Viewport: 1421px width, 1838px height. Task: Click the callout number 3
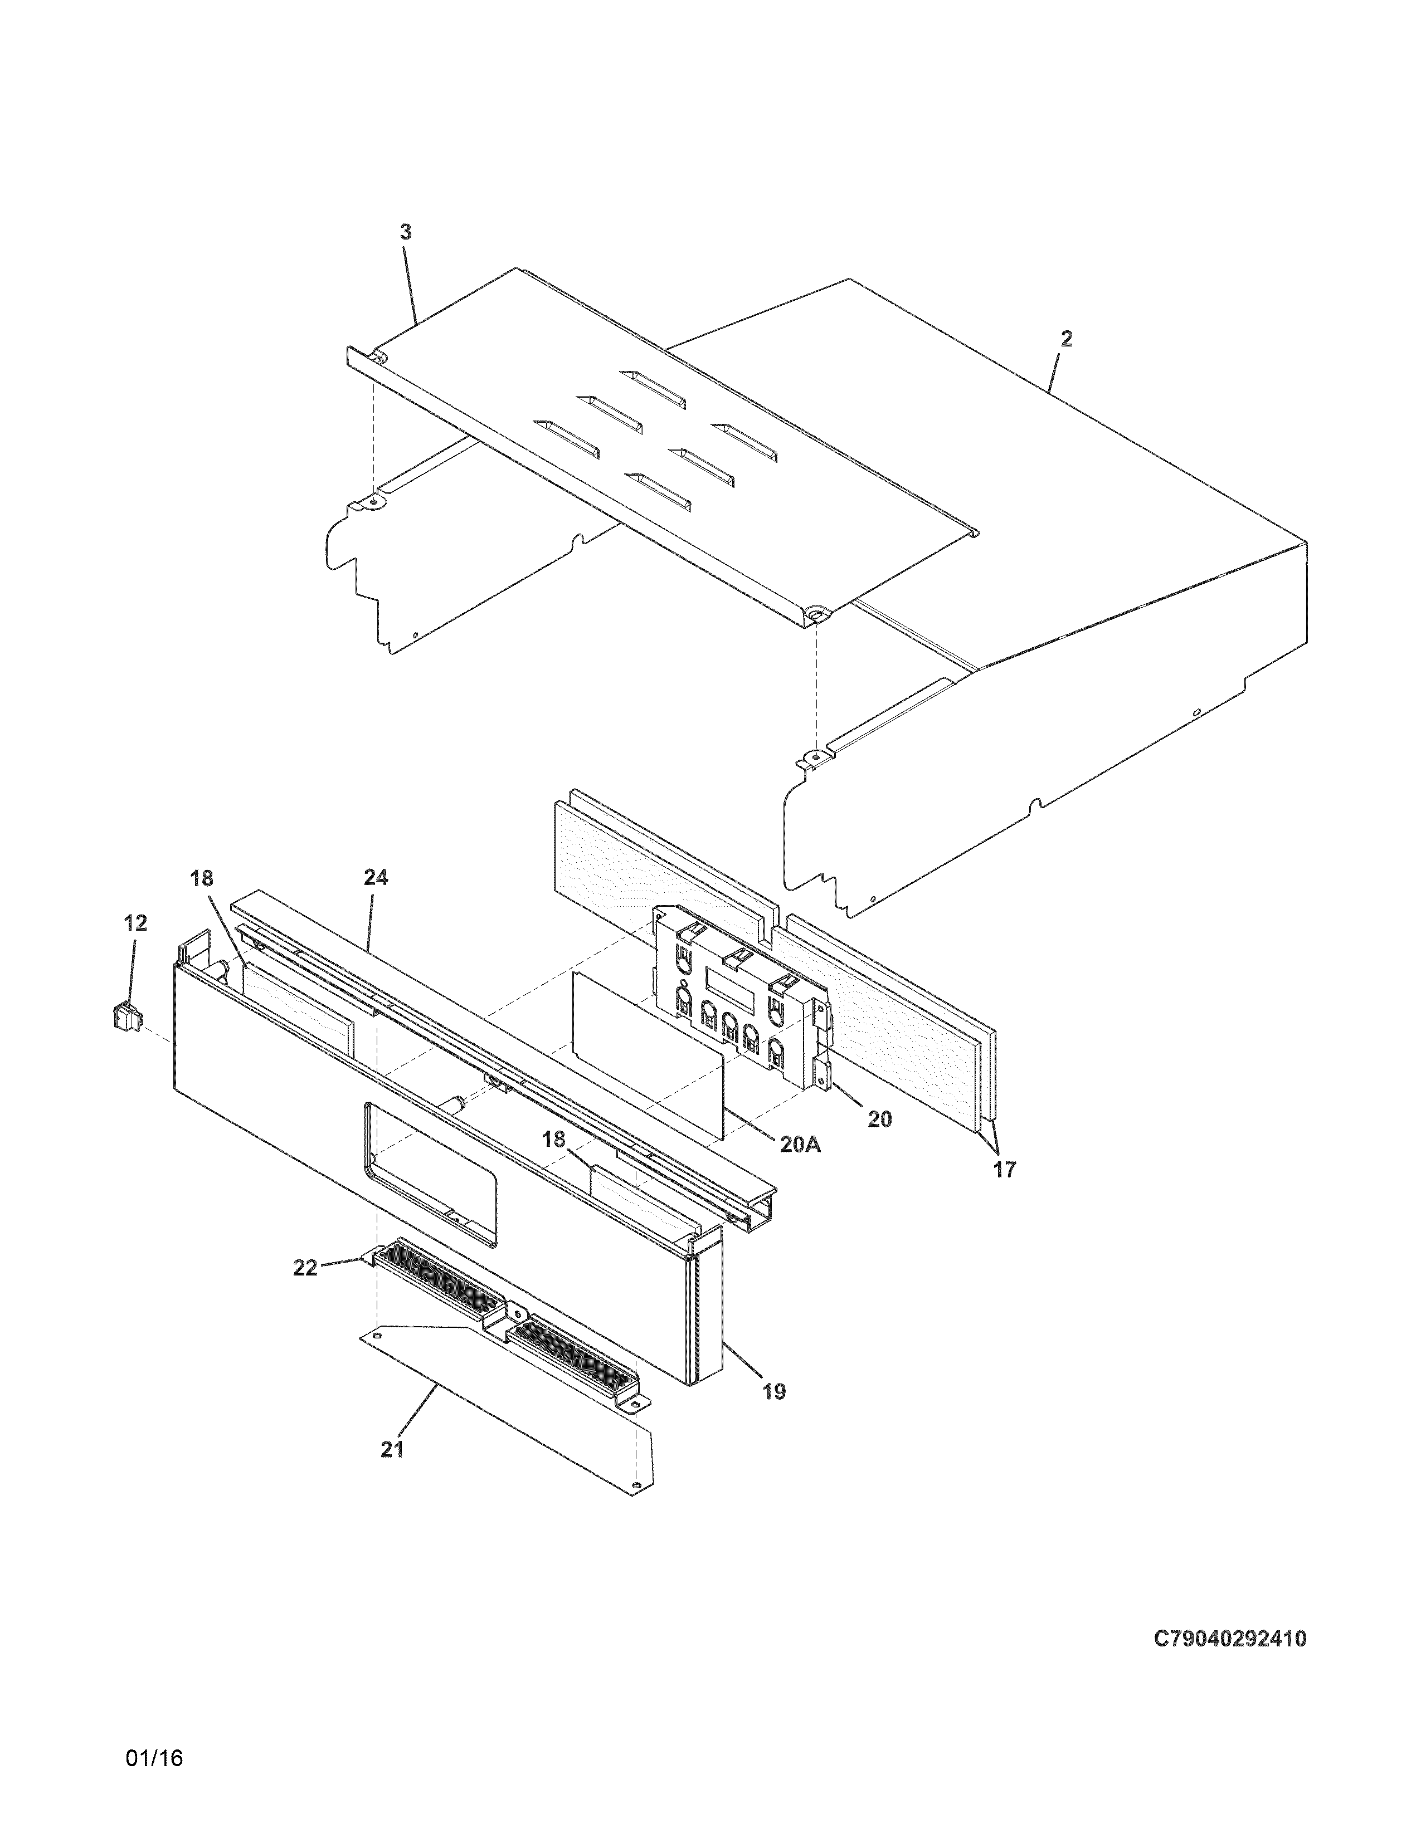(406, 232)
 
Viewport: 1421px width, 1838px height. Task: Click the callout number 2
(1067, 339)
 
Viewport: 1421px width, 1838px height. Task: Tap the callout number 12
(135, 923)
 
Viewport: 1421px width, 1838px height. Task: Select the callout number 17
(1004, 1169)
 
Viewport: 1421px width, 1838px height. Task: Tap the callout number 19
(773, 1391)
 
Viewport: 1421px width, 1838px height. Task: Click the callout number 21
(392, 1449)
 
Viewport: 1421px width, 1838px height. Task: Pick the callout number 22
(305, 1291)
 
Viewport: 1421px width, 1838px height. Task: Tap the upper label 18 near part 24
(202, 878)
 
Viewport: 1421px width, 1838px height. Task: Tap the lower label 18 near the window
(554, 1140)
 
